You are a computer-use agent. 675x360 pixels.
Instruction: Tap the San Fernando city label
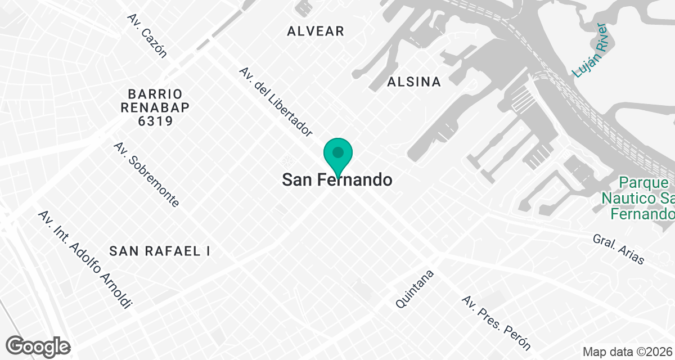click(x=337, y=180)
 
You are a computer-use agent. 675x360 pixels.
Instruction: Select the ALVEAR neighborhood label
click(x=316, y=31)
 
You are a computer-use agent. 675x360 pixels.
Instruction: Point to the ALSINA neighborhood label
click(x=414, y=82)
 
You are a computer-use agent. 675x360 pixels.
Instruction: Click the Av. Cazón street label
click(x=147, y=36)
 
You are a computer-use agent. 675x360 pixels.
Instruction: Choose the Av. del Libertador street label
click(x=275, y=102)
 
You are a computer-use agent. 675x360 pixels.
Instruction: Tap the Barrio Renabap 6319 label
click(x=147, y=107)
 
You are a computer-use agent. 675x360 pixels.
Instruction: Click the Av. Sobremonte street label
click(x=146, y=174)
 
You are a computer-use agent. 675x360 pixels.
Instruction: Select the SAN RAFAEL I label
click(x=160, y=251)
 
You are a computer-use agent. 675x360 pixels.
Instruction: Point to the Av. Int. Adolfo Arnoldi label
click(x=85, y=259)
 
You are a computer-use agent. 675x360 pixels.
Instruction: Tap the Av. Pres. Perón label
click(x=496, y=321)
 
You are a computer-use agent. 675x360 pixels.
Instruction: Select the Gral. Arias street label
click(x=618, y=249)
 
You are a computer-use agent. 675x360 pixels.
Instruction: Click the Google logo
click(x=38, y=346)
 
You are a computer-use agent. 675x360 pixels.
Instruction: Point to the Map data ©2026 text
click(x=627, y=352)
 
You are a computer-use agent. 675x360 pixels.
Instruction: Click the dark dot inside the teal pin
click(x=337, y=152)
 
